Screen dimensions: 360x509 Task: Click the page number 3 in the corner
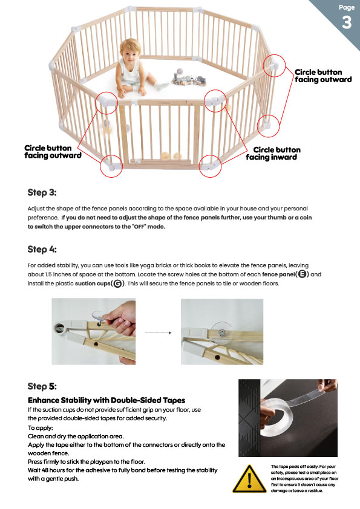click(347, 22)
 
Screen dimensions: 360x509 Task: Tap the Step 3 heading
click(42, 192)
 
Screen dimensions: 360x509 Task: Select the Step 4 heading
click(42, 249)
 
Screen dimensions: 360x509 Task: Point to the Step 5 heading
click(42, 386)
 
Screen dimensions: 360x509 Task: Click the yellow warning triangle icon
click(249, 479)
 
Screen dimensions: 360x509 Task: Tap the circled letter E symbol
click(302, 274)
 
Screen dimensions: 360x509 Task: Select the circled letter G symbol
click(118, 284)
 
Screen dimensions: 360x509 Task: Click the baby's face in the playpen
click(130, 53)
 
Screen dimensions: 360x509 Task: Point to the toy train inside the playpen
click(188, 79)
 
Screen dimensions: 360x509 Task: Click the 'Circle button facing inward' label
click(273, 154)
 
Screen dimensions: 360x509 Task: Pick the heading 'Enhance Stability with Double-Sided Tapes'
click(106, 400)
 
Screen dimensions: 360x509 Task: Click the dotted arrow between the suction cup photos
click(159, 332)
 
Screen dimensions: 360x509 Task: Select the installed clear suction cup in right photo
click(222, 333)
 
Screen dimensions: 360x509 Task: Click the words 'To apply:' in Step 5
click(41, 428)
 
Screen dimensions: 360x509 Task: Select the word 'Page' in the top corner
click(347, 7)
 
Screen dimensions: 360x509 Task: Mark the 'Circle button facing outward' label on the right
click(323, 76)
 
